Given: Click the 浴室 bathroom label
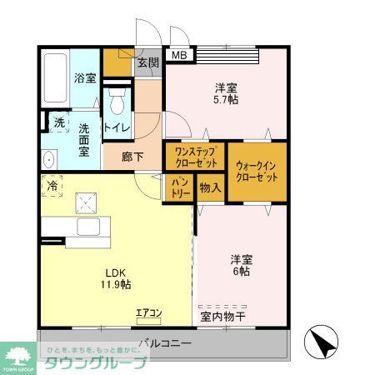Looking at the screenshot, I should tap(85, 78).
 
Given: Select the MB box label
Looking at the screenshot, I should tap(180, 56).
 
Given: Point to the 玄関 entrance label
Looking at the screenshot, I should tap(147, 62).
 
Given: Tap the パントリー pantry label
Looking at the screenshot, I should tap(181, 187).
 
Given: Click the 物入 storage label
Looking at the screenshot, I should tap(210, 187).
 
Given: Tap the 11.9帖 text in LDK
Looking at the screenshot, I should tap(117, 284).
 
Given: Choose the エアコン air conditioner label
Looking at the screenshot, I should tap(149, 313).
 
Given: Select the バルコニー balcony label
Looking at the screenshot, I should tap(165, 342).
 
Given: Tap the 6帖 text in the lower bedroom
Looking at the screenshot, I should tap(241, 272).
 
